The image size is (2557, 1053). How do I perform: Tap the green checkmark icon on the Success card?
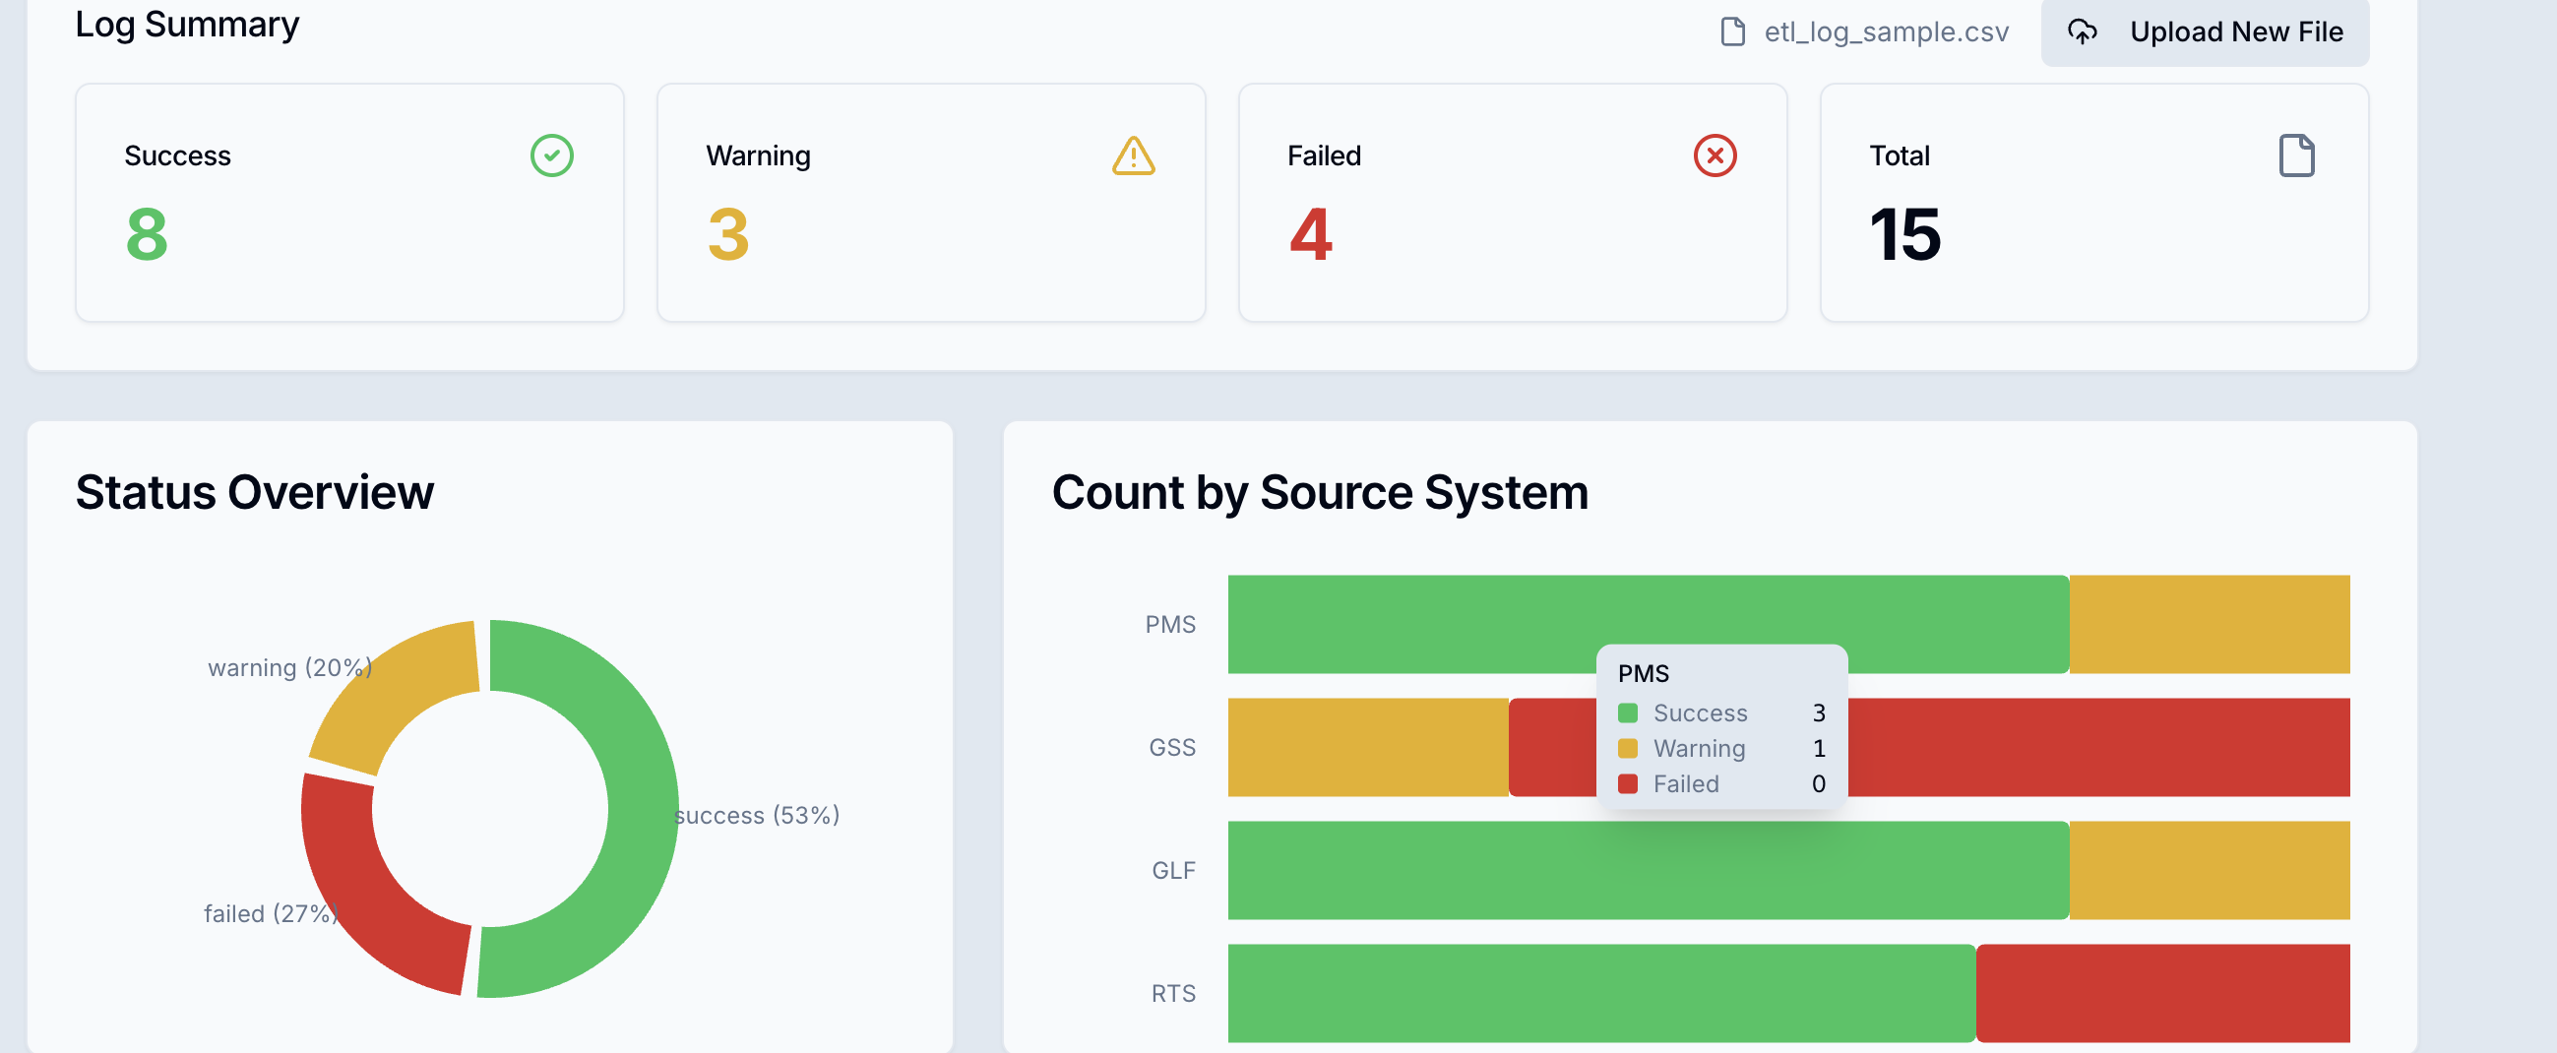(552, 155)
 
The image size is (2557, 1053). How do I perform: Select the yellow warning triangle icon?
(1133, 156)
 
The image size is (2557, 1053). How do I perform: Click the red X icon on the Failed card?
(1715, 155)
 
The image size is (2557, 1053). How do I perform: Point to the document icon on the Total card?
(2296, 155)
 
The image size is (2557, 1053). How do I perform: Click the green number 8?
(147, 235)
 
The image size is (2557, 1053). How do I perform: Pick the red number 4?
(1310, 235)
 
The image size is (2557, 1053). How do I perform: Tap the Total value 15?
(1903, 235)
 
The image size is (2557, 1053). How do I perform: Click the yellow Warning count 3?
(727, 235)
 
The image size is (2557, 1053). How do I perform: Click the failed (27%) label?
(270, 913)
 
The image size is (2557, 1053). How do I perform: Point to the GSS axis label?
(1172, 747)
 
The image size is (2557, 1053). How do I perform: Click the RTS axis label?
(1173, 993)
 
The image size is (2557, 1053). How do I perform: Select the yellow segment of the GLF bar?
(2209, 870)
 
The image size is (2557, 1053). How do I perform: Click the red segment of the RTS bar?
(2162, 993)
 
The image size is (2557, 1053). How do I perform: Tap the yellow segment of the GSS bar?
(1368, 747)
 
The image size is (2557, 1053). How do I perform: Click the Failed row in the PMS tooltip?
(1720, 784)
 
